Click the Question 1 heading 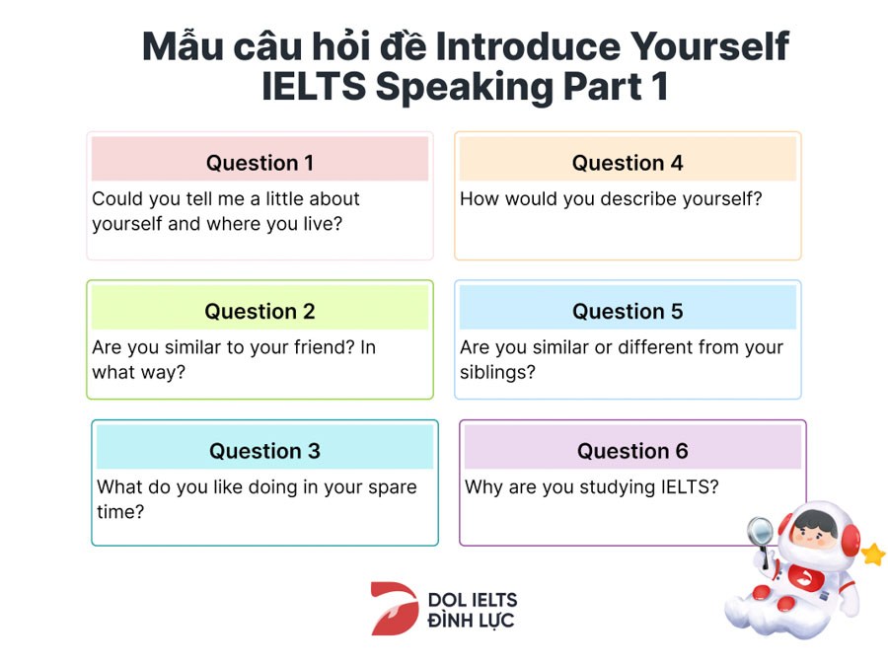[259, 163]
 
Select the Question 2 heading [259, 312]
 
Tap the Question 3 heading [264, 451]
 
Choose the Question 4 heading [628, 163]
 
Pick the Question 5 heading [628, 312]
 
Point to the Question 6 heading [632, 451]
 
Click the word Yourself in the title [709, 46]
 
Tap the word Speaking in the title [465, 87]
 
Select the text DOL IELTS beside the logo [473, 600]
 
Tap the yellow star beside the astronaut [873, 554]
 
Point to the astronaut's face [814, 530]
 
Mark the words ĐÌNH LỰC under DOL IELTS [472, 621]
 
